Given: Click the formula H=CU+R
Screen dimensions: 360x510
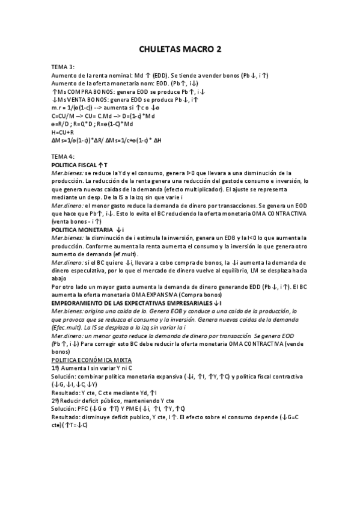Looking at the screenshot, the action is (x=63, y=132).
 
